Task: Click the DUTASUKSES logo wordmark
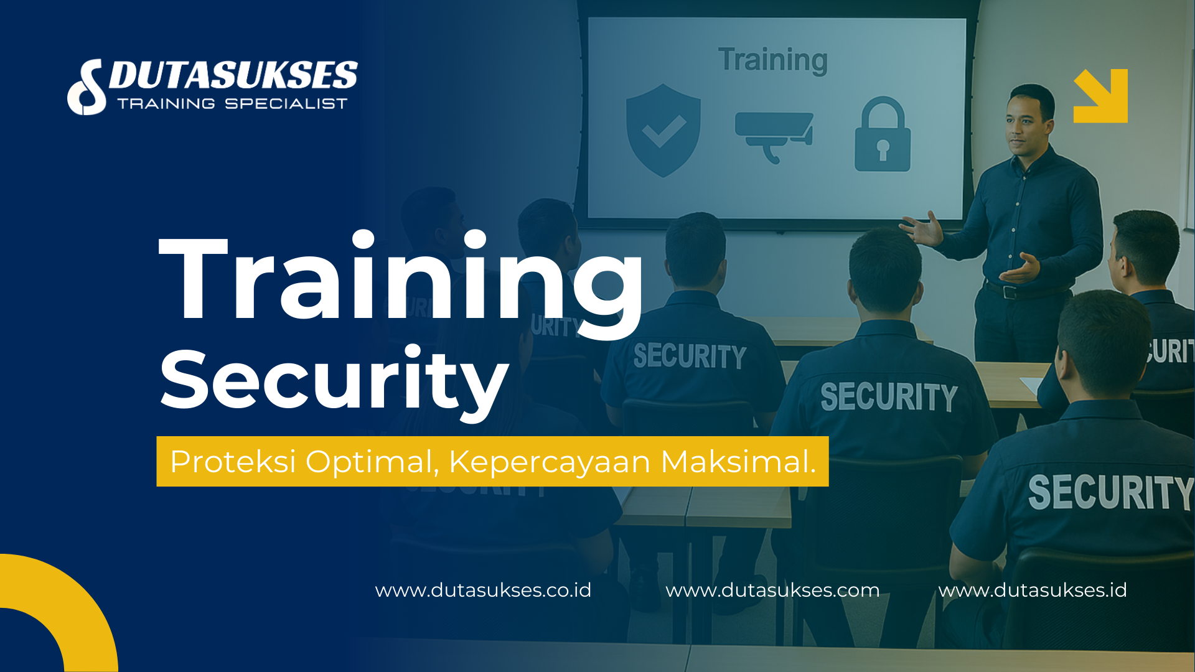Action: pos(233,76)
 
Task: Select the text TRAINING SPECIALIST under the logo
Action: pos(232,104)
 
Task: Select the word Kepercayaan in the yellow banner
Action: pos(550,462)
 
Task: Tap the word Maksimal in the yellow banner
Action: pos(738,462)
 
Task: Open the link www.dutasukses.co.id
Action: pos(483,590)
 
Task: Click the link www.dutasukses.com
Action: pos(772,590)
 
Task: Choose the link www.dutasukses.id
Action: pos(1033,590)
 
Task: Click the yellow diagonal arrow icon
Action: pos(1100,96)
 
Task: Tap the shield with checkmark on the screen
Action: pos(663,130)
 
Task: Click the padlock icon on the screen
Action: pos(882,135)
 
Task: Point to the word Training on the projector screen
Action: pos(772,60)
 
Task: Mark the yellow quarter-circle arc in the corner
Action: pos(68,597)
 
